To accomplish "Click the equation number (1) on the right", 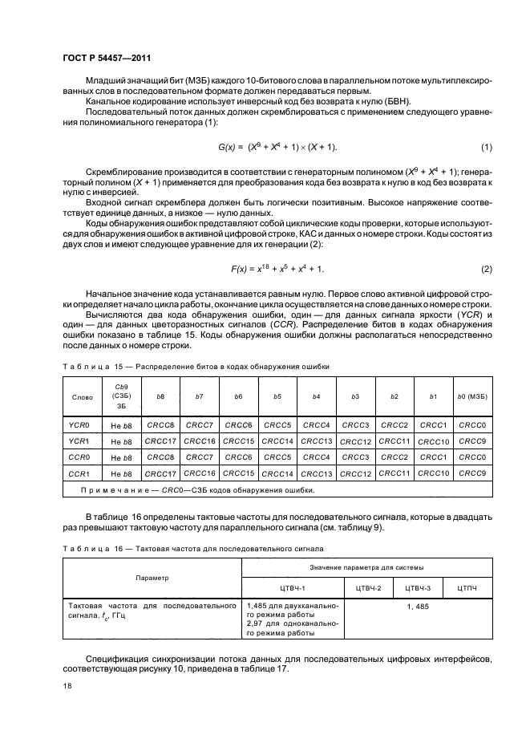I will tap(486, 147).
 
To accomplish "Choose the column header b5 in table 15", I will tap(277, 396).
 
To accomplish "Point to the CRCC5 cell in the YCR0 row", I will tap(277, 424).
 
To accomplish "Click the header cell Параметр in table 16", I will tap(152, 577).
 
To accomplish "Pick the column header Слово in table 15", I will tap(82, 396).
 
